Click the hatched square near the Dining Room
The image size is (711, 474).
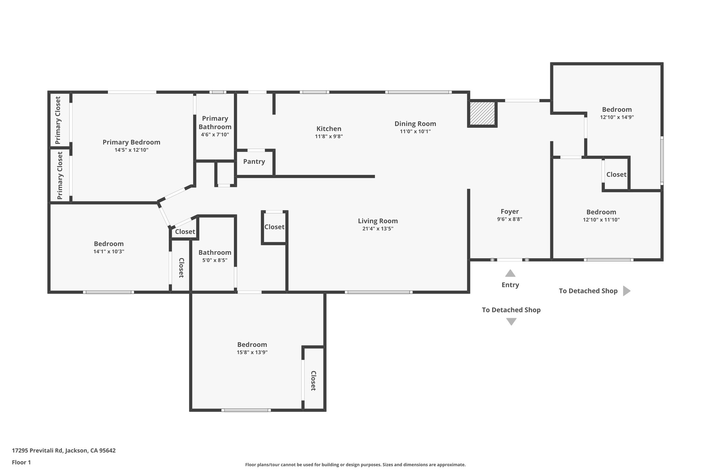(x=482, y=113)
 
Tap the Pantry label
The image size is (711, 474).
(x=254, y=161)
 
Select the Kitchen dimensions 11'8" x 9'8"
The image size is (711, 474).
(x=329, y=136)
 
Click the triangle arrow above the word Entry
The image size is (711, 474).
(x=510, y=273)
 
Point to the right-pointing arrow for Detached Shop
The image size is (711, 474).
(x=626, y=291)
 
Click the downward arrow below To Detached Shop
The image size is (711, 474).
(x=511, y=322)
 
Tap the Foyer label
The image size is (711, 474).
(x=510, y=211)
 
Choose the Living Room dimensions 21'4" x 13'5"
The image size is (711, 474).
(x=378, y=228)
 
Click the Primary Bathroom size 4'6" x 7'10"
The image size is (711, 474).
(x=215, y=135)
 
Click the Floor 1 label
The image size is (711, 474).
(x=21, y=462)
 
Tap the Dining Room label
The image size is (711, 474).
(x=415, y=124)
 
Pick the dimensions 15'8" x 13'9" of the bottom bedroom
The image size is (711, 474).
(x=252, y=352)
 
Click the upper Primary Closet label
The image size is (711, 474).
(x=58, y=120)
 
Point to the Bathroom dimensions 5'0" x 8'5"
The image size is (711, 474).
(x=215, y=260)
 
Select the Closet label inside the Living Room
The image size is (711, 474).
(x=274, y=227)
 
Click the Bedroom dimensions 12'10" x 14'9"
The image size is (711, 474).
(x=617, y=117)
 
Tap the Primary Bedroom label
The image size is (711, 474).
(x=131, y=142)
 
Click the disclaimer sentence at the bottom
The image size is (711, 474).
(x=355, y=465)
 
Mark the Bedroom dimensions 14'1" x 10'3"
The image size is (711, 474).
(x=109, y=251)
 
